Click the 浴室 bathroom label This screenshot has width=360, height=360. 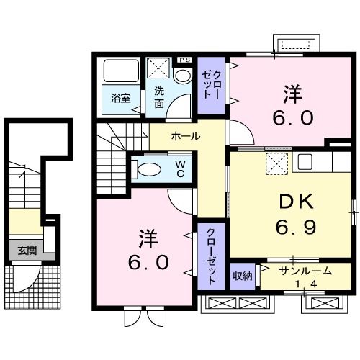click(120, 99)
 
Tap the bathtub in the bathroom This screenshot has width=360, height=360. click(120, 71)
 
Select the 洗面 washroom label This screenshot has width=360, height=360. click(159, 98)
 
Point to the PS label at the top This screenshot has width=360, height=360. click(184, 60)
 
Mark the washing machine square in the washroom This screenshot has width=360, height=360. click(159, 71)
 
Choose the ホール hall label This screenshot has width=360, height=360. click(185, 136)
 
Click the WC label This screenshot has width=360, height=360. click(181, 169)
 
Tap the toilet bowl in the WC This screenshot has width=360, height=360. click(149, 170)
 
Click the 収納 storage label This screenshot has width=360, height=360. click(243, 275)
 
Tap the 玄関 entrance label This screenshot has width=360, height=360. click(27, 250)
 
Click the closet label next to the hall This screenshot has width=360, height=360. click(211, 84)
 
